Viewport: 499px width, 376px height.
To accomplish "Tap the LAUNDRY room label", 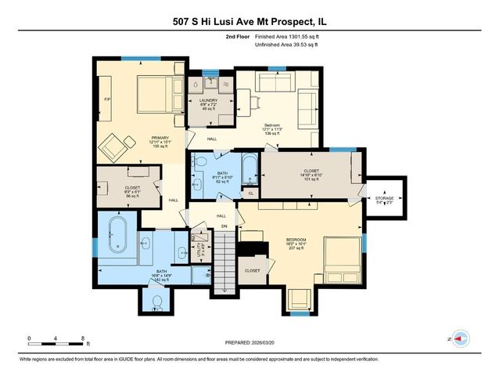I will pyautogui.click(x=207, y=101).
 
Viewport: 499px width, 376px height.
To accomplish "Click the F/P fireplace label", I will pyautogui.click(x=107, y=99).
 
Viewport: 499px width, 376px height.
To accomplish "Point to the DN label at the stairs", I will pyautogui.click(x=224, y=226).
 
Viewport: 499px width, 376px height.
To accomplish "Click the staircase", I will pyautogui.click(x=224, y=258).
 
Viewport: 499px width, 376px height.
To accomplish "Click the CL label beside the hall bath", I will pyautogui.click(x=250, y=192).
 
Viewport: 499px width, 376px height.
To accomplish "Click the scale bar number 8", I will pyautogui.click(x=82, y=338).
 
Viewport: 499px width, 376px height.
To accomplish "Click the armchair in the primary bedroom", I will pyautogui.click(x=112, y=146).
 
